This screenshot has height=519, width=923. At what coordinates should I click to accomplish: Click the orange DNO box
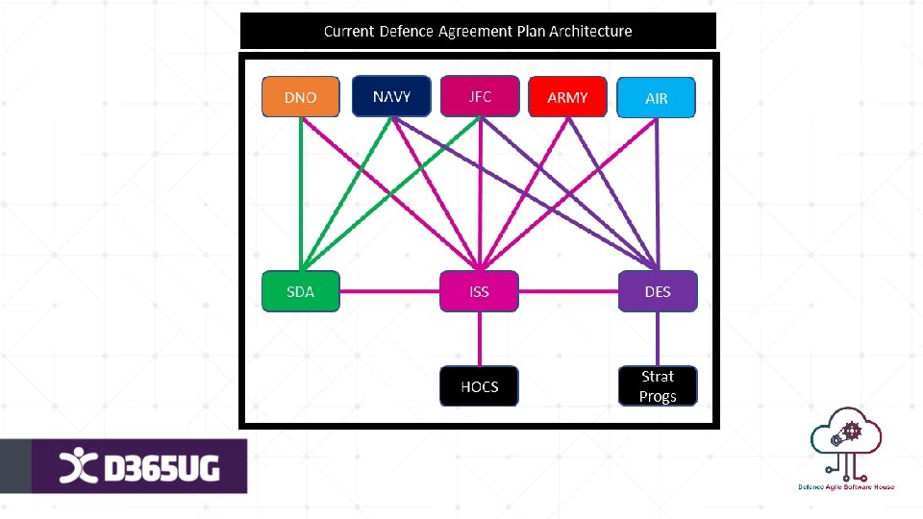301,98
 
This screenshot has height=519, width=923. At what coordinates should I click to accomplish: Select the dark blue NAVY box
391,96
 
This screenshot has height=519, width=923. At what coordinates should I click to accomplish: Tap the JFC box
480,96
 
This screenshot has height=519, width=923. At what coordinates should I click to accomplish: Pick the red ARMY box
567,98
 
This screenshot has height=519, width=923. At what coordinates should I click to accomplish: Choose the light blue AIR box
657,98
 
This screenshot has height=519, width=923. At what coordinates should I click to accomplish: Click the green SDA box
301,291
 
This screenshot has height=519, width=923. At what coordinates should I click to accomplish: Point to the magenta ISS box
479,291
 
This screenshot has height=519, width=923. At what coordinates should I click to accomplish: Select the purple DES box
658,291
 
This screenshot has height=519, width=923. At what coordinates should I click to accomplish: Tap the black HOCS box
479,386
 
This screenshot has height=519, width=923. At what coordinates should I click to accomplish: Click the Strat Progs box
658,386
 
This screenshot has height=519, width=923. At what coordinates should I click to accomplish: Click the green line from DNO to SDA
301,192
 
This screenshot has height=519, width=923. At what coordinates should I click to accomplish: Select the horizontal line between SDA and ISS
389,291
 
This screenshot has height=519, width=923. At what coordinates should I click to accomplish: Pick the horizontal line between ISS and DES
567,291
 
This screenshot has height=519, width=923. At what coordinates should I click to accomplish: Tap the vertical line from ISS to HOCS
479,338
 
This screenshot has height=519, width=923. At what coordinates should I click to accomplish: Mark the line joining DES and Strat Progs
658,338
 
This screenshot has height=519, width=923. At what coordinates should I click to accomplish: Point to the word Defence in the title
407,31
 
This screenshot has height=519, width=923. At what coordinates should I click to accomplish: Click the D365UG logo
139,467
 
